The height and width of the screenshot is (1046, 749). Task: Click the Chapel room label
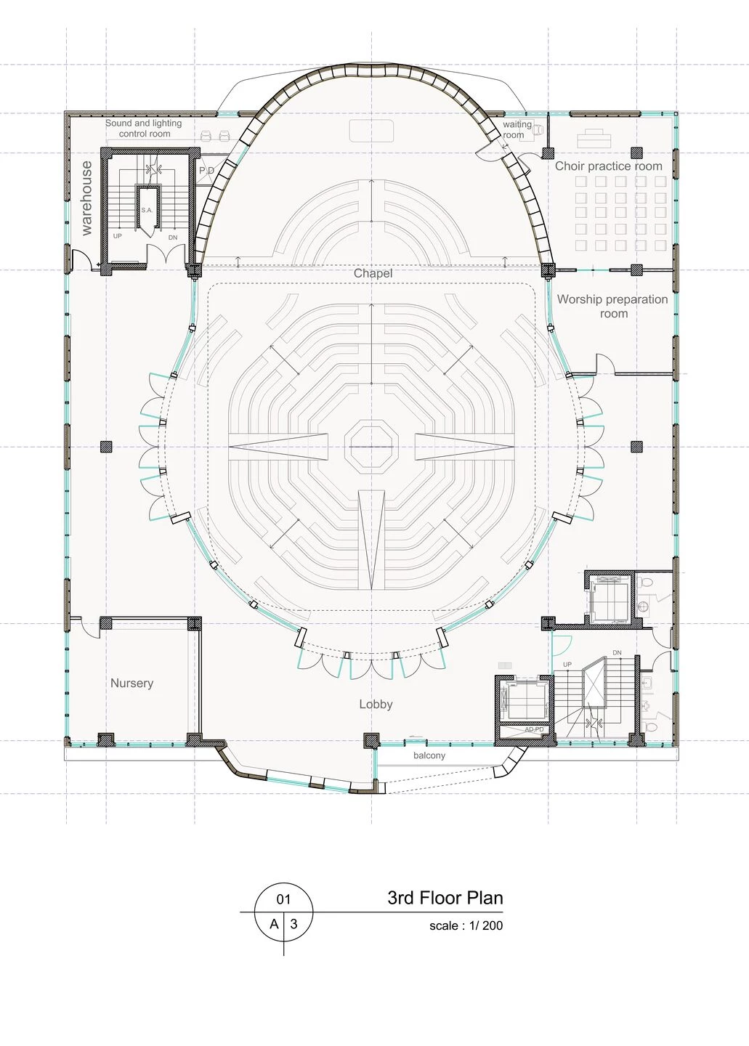click(x=373, y=273)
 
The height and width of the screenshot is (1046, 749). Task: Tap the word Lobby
click(x=376, y=704)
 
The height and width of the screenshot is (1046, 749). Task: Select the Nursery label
click(x=131, y=683)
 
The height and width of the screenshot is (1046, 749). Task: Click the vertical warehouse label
click(x=86, y=198)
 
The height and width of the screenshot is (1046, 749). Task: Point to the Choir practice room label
click(x=608, y=166)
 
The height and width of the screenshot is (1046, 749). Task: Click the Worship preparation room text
click(x=612, y=306)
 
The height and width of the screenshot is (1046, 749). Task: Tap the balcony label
click(x=429, y=755)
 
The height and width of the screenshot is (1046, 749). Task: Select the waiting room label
click(x=516, y=129)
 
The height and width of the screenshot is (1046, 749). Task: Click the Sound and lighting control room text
click(x=144, y=128)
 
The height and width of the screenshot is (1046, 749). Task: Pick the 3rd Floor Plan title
click(x=445, y=898)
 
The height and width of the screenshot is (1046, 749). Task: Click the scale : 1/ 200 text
click(x=466, y=925)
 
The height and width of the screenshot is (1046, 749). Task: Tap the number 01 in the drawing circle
click(x=283, y=899)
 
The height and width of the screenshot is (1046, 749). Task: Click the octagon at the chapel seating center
click(x=372, y=445)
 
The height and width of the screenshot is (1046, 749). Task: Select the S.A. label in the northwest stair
click(x=147, y=210)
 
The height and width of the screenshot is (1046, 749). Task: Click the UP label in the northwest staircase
click(x=118, y=236)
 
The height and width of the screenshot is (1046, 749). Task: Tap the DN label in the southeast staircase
click(x=617, y=653)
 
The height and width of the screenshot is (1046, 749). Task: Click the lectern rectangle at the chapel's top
click(x=371, y=131)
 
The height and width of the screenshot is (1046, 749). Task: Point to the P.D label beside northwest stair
click(x=207, y=171)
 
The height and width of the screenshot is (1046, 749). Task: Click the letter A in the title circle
click(x=274, y=924)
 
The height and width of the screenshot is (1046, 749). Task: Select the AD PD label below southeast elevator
click(x=534, y=729)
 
